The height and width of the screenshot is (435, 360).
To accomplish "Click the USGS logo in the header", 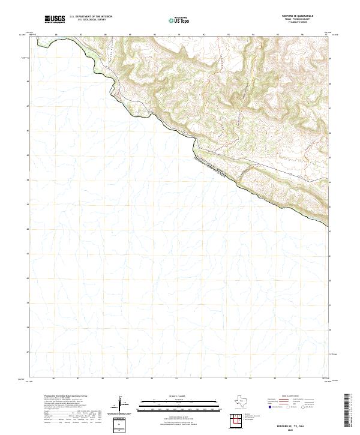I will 55,18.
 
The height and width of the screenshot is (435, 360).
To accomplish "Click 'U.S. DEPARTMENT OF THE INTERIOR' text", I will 91,17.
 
